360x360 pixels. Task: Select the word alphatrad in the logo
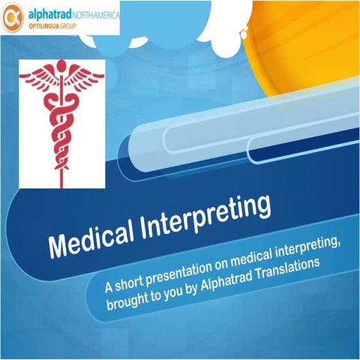pyautogui.click(x=49, y=13)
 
